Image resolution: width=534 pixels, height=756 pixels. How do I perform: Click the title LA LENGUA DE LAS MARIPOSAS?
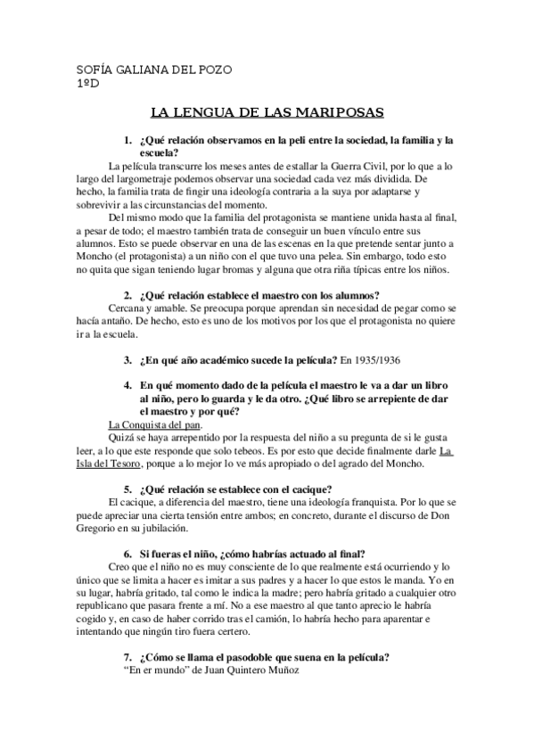pos(266,113)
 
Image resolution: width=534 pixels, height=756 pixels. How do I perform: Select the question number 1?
pos(127,140)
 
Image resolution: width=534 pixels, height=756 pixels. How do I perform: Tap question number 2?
pos(127,296)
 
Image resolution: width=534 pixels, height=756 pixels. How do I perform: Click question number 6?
pos(127,553)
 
